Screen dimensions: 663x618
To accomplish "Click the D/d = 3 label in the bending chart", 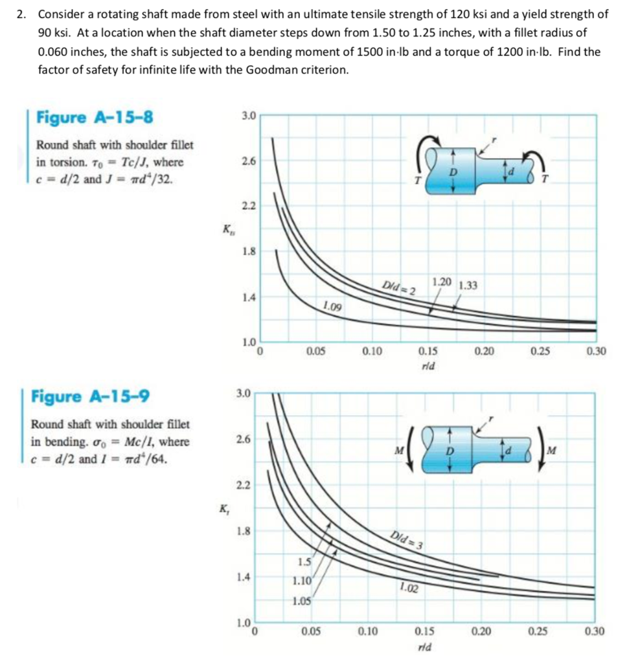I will (407, 539).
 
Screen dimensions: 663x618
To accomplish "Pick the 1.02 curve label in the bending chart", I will (409, 588).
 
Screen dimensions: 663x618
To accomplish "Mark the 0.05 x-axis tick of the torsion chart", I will (315, 352).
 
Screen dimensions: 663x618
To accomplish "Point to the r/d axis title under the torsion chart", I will (428, 365).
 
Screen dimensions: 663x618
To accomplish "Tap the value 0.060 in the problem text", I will (53, 51).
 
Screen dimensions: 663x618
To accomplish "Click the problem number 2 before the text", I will (21, 14).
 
